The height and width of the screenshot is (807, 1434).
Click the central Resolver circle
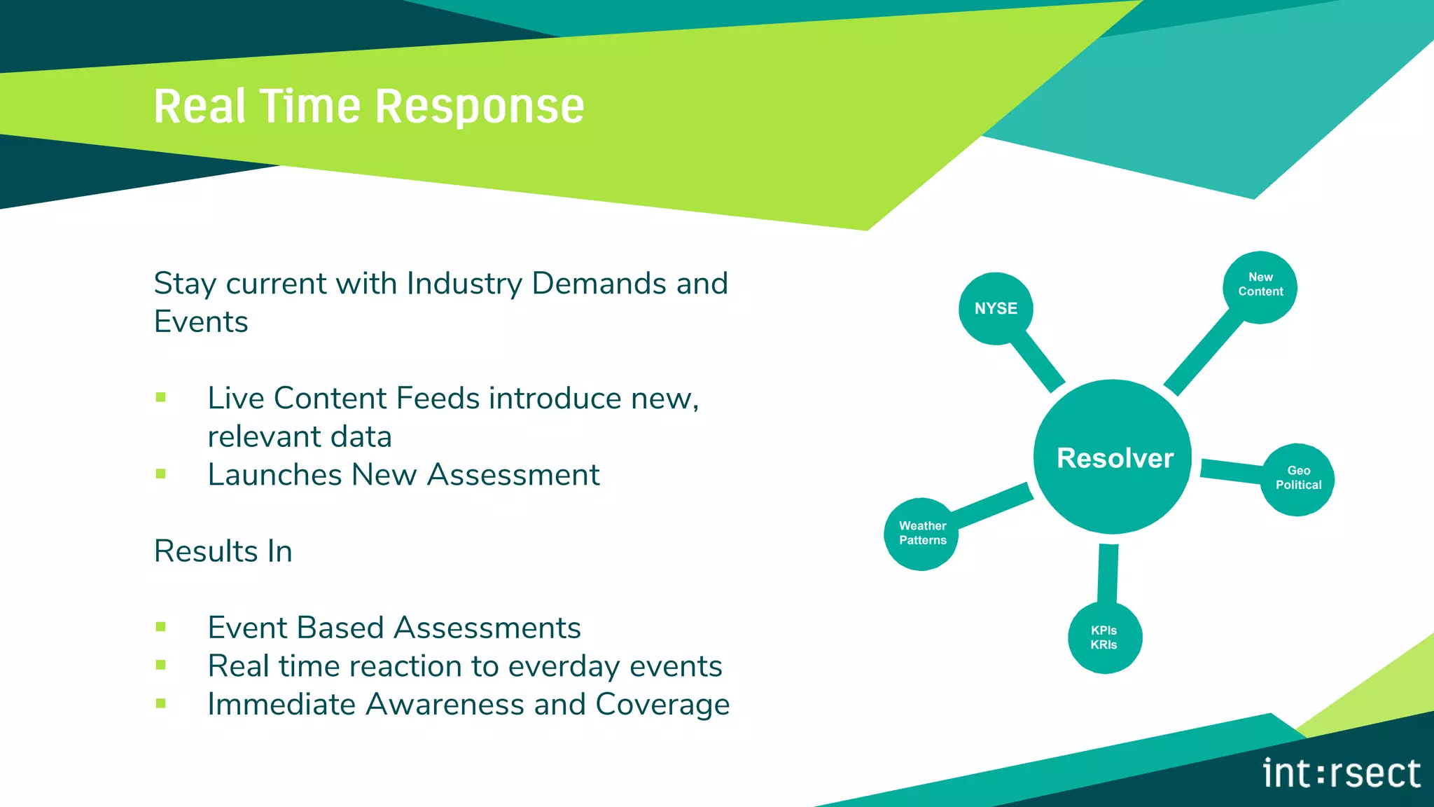click(1113, 457)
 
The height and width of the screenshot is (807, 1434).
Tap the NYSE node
click(996, 308)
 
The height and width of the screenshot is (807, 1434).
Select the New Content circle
click(1260, 287)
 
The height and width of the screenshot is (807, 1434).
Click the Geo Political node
click(1297, 479)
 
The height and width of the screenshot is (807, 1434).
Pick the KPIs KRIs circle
click(1105, 637)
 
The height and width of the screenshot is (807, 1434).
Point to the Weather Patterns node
click(921, 534)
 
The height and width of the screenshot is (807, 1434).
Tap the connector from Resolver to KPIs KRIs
click(1108, 573)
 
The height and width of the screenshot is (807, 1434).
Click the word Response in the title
click(480, 107)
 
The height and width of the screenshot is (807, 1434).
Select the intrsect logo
click(1341, 773)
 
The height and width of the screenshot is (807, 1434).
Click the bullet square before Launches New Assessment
click(161, 474)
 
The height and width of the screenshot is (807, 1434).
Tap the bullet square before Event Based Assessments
click(161, 627)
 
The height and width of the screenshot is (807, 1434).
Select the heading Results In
click(223, 551)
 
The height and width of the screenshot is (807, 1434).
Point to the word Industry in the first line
click(464, 284)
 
